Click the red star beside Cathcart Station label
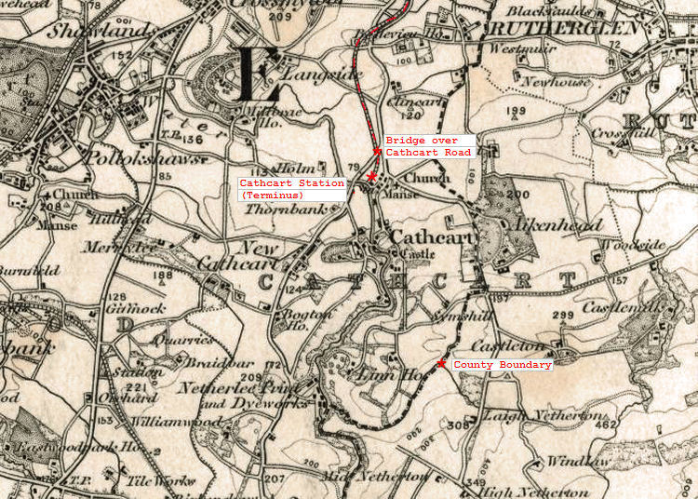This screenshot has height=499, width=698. point(371,176)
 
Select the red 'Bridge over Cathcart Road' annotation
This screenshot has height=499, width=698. point(429,146)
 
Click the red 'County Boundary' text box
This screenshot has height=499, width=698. point(502,365)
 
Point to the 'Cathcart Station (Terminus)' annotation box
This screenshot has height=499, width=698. point(292,189)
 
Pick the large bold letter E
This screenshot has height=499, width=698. point(258,74)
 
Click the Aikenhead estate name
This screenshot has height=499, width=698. point(557,224)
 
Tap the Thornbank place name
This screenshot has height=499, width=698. point(278,211)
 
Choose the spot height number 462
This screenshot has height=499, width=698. point(606,425)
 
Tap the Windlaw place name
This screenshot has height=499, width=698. point(575,461)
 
